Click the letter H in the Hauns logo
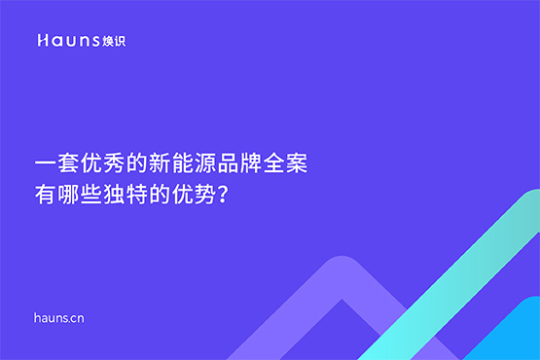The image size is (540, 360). click(x=42, y=41)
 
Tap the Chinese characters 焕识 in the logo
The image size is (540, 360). click(x=114, y=41)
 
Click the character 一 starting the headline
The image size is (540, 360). click(x=43, y=162)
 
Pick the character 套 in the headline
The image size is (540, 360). click(x=66, y=162)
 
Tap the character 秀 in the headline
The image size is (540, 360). click(x=113, y=162)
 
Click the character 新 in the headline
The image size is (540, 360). click(x=160, y=162)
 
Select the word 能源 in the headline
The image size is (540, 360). click(x=195, y=162)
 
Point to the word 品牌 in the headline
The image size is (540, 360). click(x=241, y=162)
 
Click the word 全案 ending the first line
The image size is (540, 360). click(x=288, y=162)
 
